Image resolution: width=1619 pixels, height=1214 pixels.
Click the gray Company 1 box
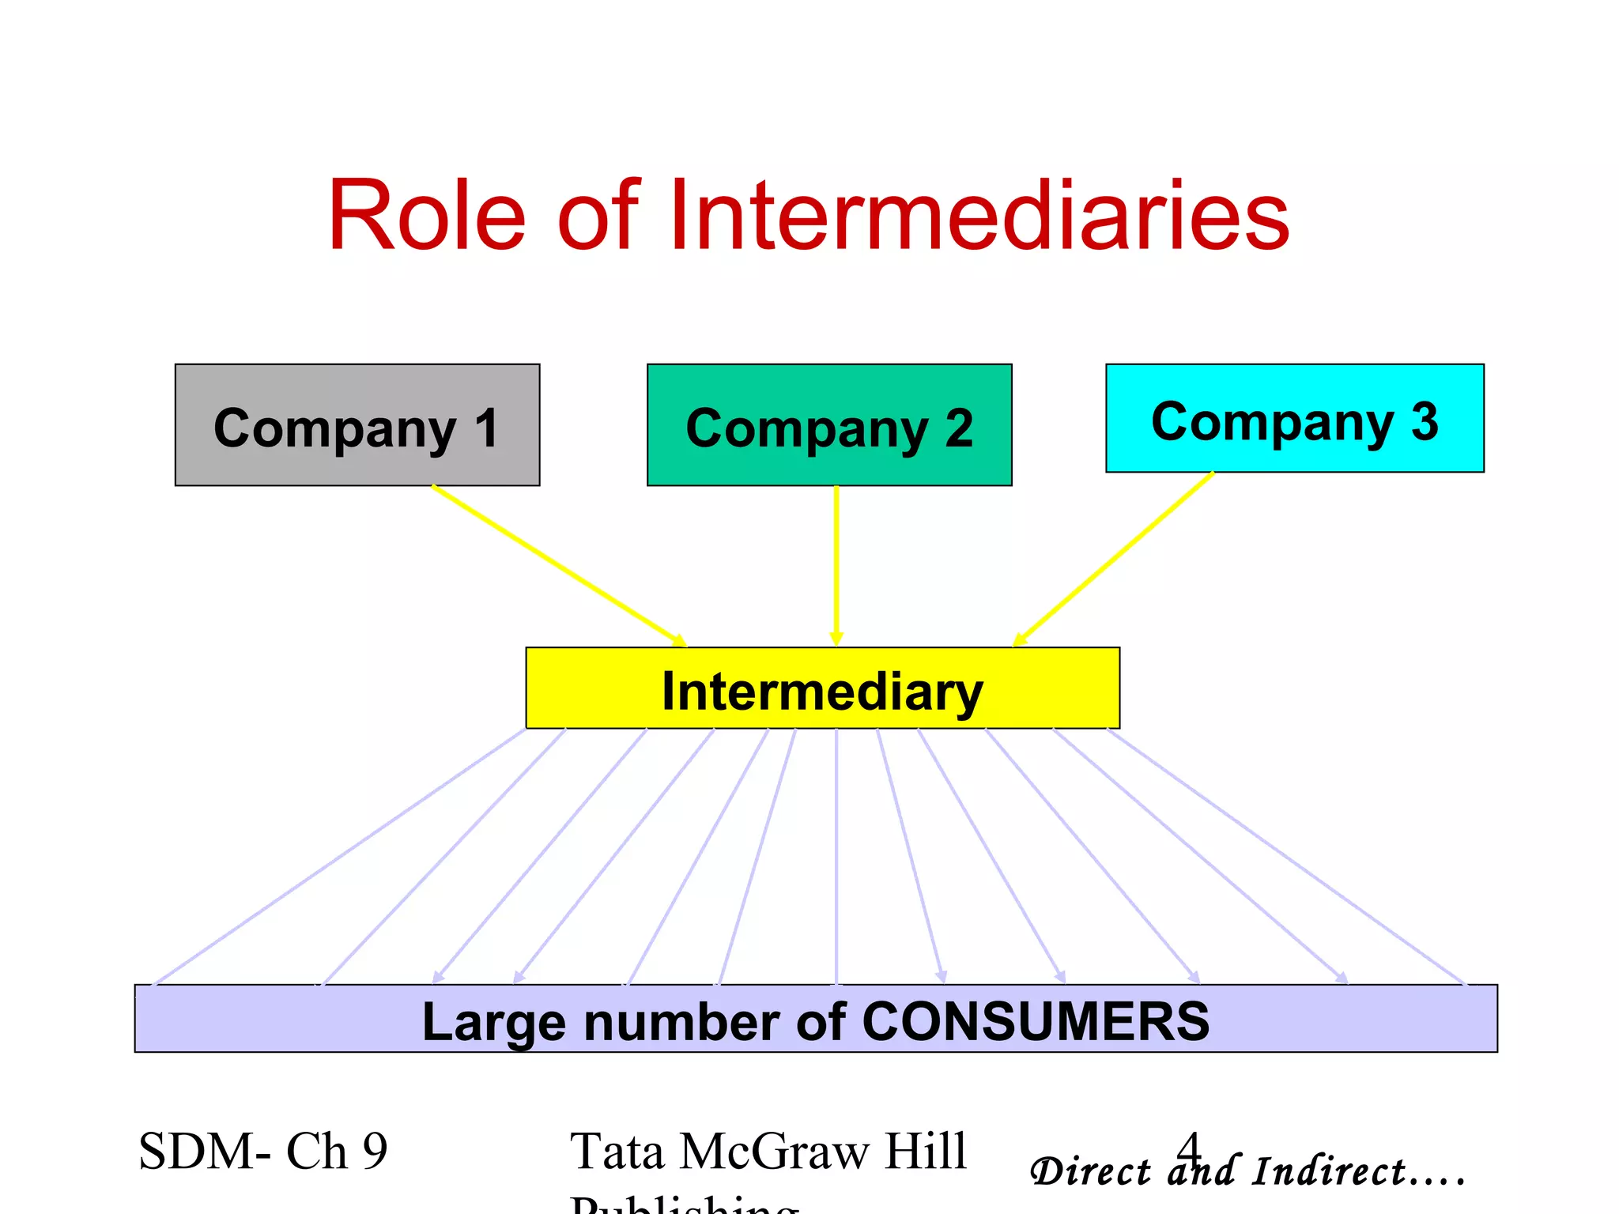click(357, 424)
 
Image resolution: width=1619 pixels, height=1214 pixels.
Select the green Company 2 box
click(829, 424)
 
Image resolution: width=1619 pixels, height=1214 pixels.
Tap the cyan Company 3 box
click(1294, 418)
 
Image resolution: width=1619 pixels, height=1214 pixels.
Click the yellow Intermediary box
click(822, 688)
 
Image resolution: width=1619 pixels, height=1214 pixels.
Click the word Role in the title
click(427, 215)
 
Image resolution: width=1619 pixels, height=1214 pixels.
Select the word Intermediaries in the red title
click(980, 215)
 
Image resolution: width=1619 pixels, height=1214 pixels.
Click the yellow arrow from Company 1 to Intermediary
click(558, 564)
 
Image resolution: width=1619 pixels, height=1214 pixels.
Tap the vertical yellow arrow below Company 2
click(836, 565)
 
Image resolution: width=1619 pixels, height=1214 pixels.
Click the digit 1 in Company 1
click(485, 428)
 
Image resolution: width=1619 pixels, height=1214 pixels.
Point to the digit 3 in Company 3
click(1425, 421)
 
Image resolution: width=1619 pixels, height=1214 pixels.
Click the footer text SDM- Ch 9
click(263, 1151)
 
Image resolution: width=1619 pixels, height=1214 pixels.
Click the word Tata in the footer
click(617, 1151)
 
